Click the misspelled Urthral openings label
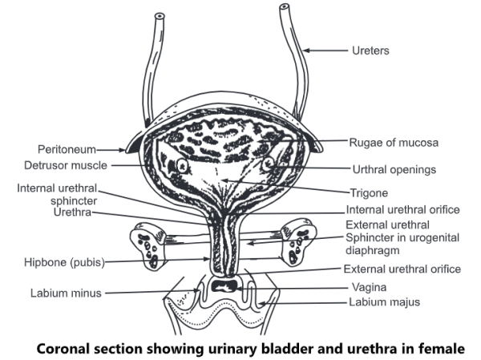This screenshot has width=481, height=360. pos(394,169)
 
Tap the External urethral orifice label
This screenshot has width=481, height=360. pos(402,269)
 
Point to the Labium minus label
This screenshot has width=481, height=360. pos(67,293)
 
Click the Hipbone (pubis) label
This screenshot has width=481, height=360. pos(66,261)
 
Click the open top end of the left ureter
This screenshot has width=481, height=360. pos(160,16)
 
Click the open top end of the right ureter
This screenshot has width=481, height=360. pos(285,10)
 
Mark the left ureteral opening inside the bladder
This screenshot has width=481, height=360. pos(181,165)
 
